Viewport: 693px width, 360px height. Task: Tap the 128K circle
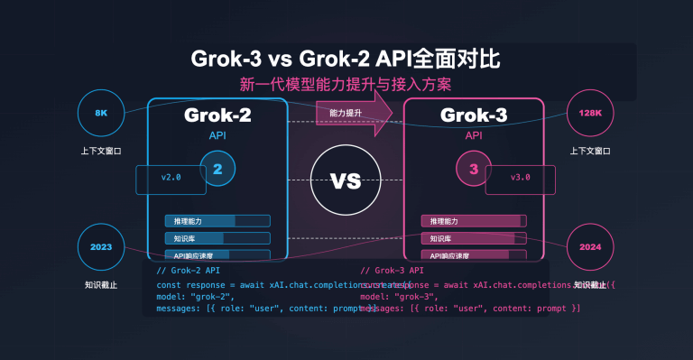coord(591,113)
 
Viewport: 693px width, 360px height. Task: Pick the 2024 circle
coord(591,246)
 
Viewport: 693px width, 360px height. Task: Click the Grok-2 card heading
coord(217,115)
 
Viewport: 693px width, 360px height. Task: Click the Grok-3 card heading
coord(474,115)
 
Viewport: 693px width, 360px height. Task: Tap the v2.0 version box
coord(171,179)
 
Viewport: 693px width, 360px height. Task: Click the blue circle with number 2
coord(217,168)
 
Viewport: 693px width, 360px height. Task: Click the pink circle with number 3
coord(474,168)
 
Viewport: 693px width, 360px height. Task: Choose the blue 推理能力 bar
coord(217,221)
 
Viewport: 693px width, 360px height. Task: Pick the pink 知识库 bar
coord(474,239)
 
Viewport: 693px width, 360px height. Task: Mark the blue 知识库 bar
coord(217,239)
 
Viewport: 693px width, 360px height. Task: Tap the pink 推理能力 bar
coord(474,221)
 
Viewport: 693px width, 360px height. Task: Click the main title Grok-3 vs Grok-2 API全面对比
coord(346,60)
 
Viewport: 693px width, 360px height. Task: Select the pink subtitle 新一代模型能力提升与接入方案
coord(346,86)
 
